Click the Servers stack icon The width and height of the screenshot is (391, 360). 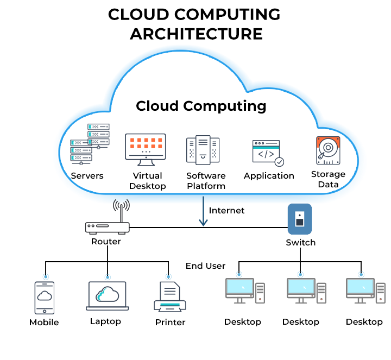pos(90,144)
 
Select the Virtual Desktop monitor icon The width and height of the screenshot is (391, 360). pos(145,147)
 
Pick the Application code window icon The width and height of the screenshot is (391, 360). pos(267,153)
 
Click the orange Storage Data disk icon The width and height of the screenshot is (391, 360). pos(328,150)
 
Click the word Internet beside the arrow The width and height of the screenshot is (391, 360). pos(227,210)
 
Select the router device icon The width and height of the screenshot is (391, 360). pos(108,228)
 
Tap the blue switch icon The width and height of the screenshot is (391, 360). pos(299,219)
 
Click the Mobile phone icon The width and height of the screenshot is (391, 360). pos(45,298)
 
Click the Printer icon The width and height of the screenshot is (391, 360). pos(170,298)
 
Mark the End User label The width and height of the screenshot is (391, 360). pos(205,266)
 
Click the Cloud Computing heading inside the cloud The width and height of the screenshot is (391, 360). pos(201,105)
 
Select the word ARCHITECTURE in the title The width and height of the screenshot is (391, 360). pos(196,34)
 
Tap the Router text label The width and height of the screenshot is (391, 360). pos(106,242)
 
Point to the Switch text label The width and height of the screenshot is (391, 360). pos(300,242)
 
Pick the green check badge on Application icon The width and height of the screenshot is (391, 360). pos(279,162)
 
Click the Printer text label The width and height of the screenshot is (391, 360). pos(170,322)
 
